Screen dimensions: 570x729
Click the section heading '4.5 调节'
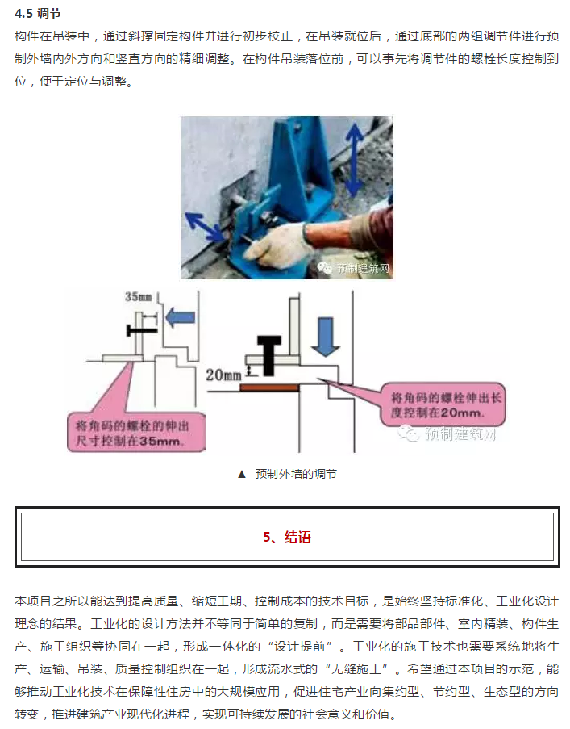tap(38, 14)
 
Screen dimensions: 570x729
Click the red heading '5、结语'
tap(287, 537)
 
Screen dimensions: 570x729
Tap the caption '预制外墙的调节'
tap(296, 474)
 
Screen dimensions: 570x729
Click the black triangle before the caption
tap(241, 474)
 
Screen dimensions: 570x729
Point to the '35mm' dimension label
tap(139, 296)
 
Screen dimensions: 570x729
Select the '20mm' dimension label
tap(224, 375)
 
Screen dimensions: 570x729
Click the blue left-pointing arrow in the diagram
tap(180, 317)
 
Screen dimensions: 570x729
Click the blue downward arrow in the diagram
tap(326, 337)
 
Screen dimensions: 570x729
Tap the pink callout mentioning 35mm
tap(136, 433)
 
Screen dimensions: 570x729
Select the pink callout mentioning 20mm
tap(443, 404)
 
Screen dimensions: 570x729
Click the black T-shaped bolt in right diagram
tap(269, 354)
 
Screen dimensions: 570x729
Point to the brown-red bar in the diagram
tap(269, 388)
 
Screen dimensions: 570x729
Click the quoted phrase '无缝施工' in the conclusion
tap(356, 669)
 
